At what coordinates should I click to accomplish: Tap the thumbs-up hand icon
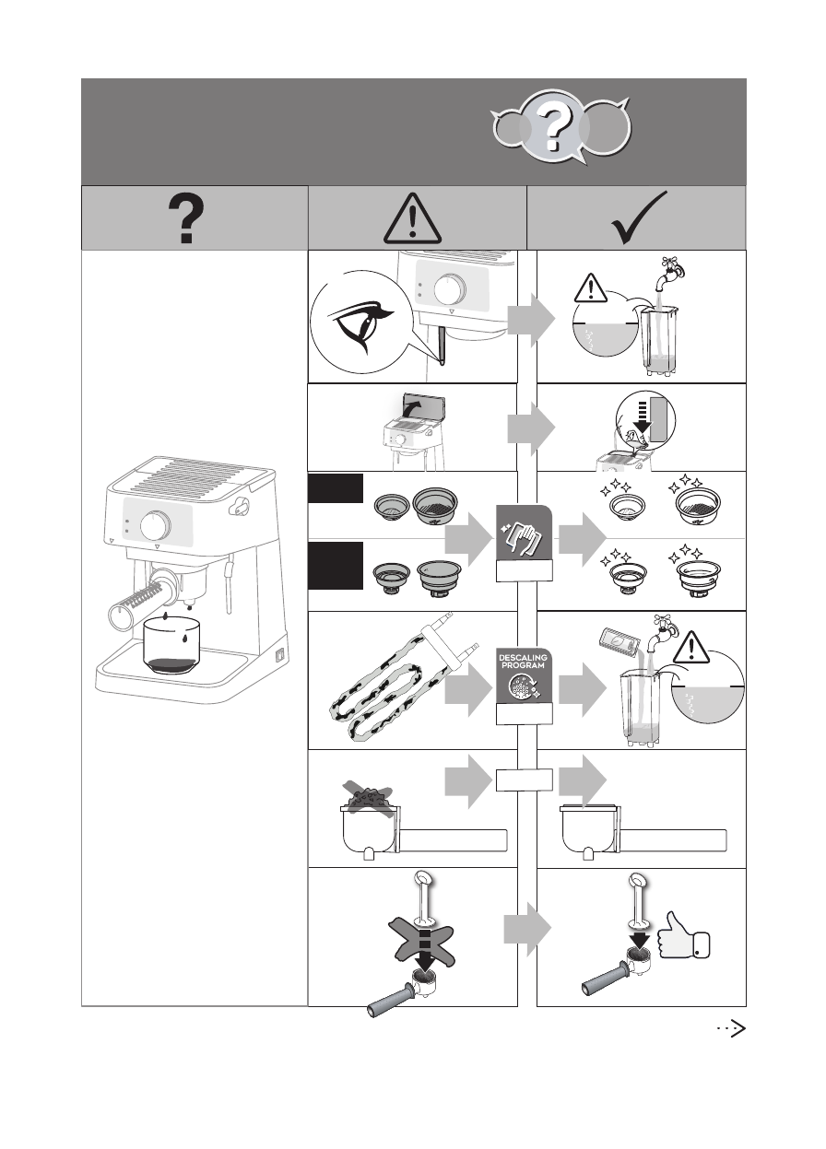(x=683, y=938)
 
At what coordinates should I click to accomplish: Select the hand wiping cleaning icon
(x=524, y=536)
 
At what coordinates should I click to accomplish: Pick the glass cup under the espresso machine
(x=173, y=645)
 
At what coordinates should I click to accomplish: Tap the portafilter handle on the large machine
(x=131, y=607)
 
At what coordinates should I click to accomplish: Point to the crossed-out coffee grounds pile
(x=368, y=796)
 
